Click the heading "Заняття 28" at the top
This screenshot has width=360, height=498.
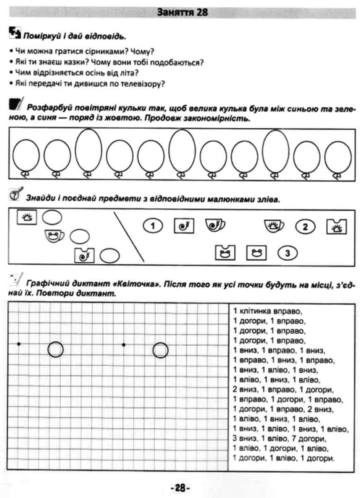tap(183, 12)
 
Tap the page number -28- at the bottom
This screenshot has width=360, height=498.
tap(180, 488)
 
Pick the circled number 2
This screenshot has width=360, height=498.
tap(306, 227)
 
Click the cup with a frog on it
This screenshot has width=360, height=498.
tap(54, 237)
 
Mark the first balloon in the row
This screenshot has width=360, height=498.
tap(26, 156)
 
